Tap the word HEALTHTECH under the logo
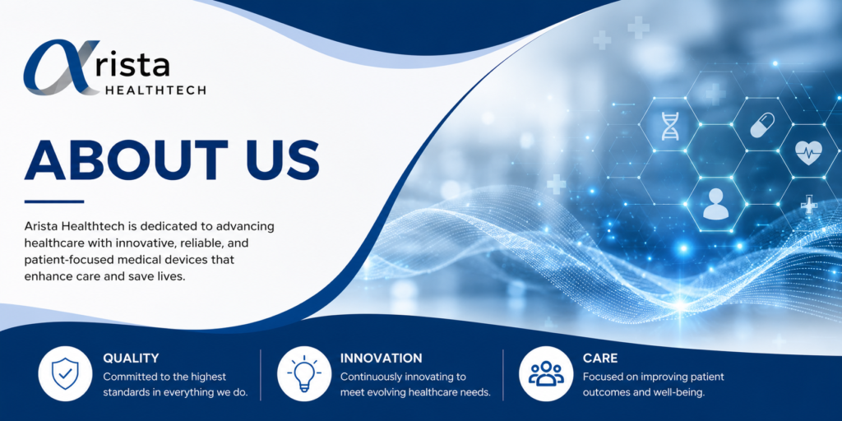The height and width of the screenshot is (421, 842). point(155,90)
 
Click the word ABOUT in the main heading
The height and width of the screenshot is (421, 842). point(122,160)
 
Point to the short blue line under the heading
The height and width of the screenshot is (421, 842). point(54,202)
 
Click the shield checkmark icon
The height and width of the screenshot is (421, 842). point(64,374)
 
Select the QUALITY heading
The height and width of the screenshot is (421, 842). point(131,359)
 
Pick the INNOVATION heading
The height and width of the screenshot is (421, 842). point(382,359)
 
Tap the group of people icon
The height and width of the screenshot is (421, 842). point(546,374)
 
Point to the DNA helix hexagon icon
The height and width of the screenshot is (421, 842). point(669,126)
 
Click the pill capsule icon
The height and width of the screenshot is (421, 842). point(762,125)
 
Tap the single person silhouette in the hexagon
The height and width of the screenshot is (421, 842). point(715,204)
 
